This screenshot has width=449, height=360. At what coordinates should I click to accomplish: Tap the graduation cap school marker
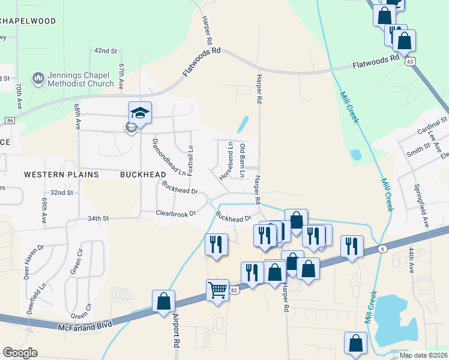[140, 113]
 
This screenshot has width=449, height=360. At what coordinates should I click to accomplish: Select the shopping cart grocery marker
[218, 290]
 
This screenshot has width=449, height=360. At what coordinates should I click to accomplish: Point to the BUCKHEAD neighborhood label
[143, 174]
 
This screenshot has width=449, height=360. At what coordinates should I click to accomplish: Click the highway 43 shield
[409, 61]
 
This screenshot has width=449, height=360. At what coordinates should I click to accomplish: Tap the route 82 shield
[235, 290]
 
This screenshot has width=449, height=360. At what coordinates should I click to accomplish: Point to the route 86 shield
[10, 121]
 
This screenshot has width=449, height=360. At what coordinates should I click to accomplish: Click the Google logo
[20, 353]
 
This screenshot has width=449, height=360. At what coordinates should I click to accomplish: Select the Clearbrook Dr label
[176, 213]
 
